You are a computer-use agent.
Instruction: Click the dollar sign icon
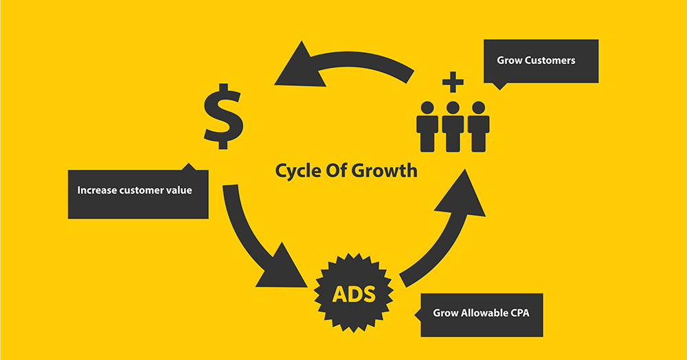223,116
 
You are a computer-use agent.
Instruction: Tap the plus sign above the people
453,82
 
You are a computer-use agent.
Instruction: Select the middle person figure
453,126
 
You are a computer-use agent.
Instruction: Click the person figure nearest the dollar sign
427,126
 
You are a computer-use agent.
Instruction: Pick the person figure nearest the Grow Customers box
478,126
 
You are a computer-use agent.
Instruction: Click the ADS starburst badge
354,293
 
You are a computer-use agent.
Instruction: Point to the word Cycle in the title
298,171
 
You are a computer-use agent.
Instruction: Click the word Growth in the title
384,170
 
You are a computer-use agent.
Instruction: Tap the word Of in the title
336,170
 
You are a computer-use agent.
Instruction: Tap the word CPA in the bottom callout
520,313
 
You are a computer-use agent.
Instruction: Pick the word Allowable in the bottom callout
485,313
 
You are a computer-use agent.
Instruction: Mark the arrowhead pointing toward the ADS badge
282,267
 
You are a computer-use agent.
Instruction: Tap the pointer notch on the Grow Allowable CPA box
418,315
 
